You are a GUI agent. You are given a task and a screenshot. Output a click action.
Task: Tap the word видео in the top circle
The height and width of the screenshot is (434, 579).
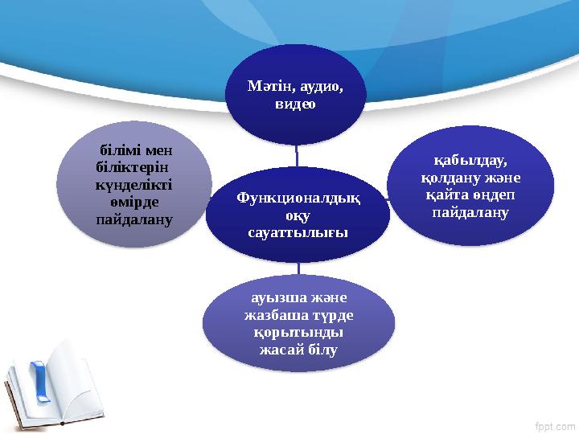[295, 104]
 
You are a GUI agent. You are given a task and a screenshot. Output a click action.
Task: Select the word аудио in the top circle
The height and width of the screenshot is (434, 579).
[318, 87]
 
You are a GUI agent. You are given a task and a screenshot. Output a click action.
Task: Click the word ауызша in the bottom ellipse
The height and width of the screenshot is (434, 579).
[270, 298]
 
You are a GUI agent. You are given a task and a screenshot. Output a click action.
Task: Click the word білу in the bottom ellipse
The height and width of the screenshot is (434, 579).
[319, 350]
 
